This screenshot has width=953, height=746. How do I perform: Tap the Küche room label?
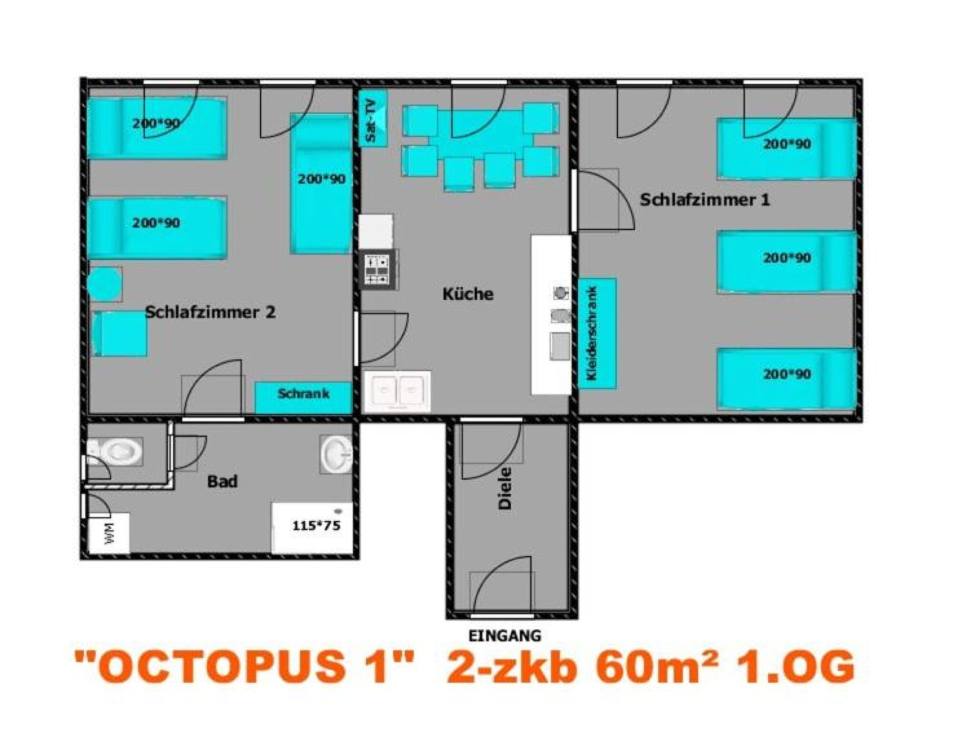[468, 294]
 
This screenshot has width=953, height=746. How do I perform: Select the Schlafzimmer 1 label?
[704, 200]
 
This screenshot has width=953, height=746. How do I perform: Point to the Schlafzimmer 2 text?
[210, 313]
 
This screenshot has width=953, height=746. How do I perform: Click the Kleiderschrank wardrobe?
[597, 333]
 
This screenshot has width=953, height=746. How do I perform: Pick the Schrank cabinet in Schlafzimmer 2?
[303, 397]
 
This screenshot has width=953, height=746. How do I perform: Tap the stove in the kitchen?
[378, 270]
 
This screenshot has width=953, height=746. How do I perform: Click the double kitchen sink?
[397, 391]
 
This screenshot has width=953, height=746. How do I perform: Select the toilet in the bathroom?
[115, 450]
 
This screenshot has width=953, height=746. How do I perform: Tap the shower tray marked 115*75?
[312, 528]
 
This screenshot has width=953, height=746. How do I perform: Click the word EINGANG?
[505, 635]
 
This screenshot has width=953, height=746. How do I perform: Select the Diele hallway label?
[505, 489]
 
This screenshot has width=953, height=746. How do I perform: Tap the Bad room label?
[222, 482]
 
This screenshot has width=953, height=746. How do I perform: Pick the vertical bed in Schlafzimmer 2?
[321, 183]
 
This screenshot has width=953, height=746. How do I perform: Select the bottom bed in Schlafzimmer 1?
[786, 379]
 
